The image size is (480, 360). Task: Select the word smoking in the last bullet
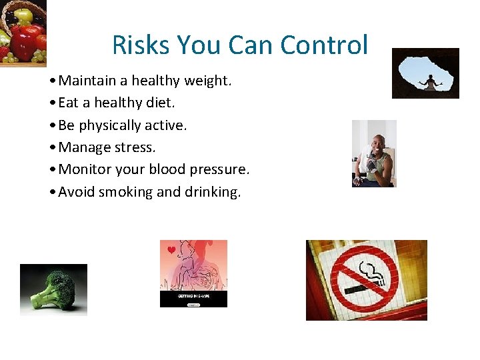click(126, 192)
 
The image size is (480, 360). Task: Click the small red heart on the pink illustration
click(171, 251)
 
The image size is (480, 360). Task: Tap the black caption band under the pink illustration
click(193, 299)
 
